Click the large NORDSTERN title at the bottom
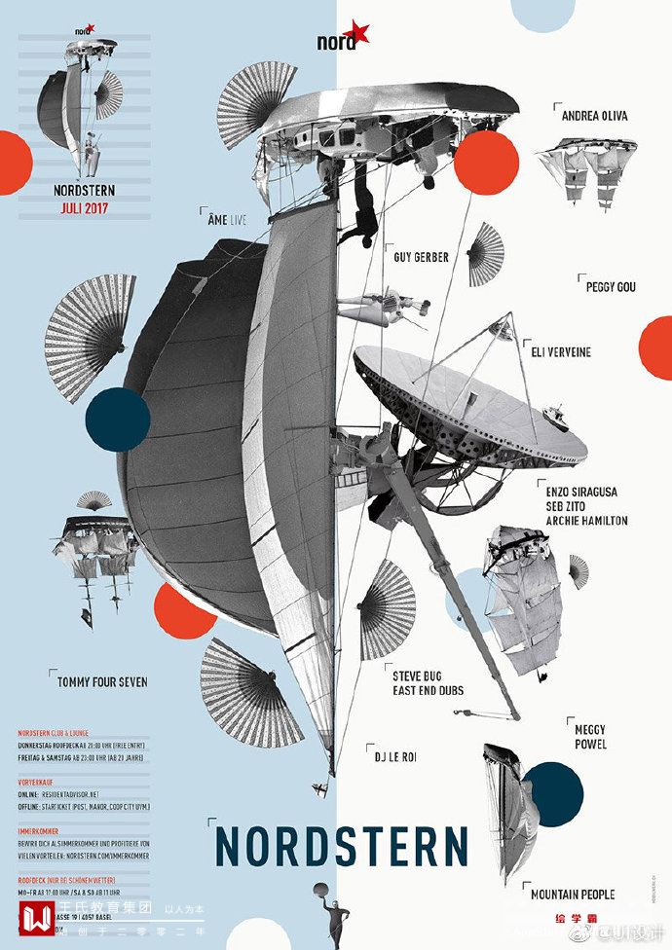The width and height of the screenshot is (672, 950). coord(341,846)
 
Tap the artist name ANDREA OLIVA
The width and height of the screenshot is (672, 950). coord(594,116)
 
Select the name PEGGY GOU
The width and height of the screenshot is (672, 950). coord(611,287)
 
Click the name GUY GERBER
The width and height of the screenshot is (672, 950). coord(421,258)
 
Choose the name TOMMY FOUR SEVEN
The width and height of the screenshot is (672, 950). coord(102,682)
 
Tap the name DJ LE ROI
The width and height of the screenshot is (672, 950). coord(395,756)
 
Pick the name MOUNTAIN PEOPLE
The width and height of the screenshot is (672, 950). coord(573,894)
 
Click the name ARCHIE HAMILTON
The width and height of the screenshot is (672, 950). coord(586,521)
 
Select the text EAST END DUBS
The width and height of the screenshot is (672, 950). coord(428,691)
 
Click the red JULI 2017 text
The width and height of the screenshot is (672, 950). coord(83,207)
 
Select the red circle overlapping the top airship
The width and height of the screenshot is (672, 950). coord(486,163)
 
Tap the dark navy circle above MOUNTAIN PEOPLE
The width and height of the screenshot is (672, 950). coord(552,793)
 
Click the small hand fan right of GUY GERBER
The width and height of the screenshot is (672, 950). coord(485,254)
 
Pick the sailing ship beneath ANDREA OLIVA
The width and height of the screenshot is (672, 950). coord(587,167)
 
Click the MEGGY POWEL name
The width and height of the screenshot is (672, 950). coord(590,737)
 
